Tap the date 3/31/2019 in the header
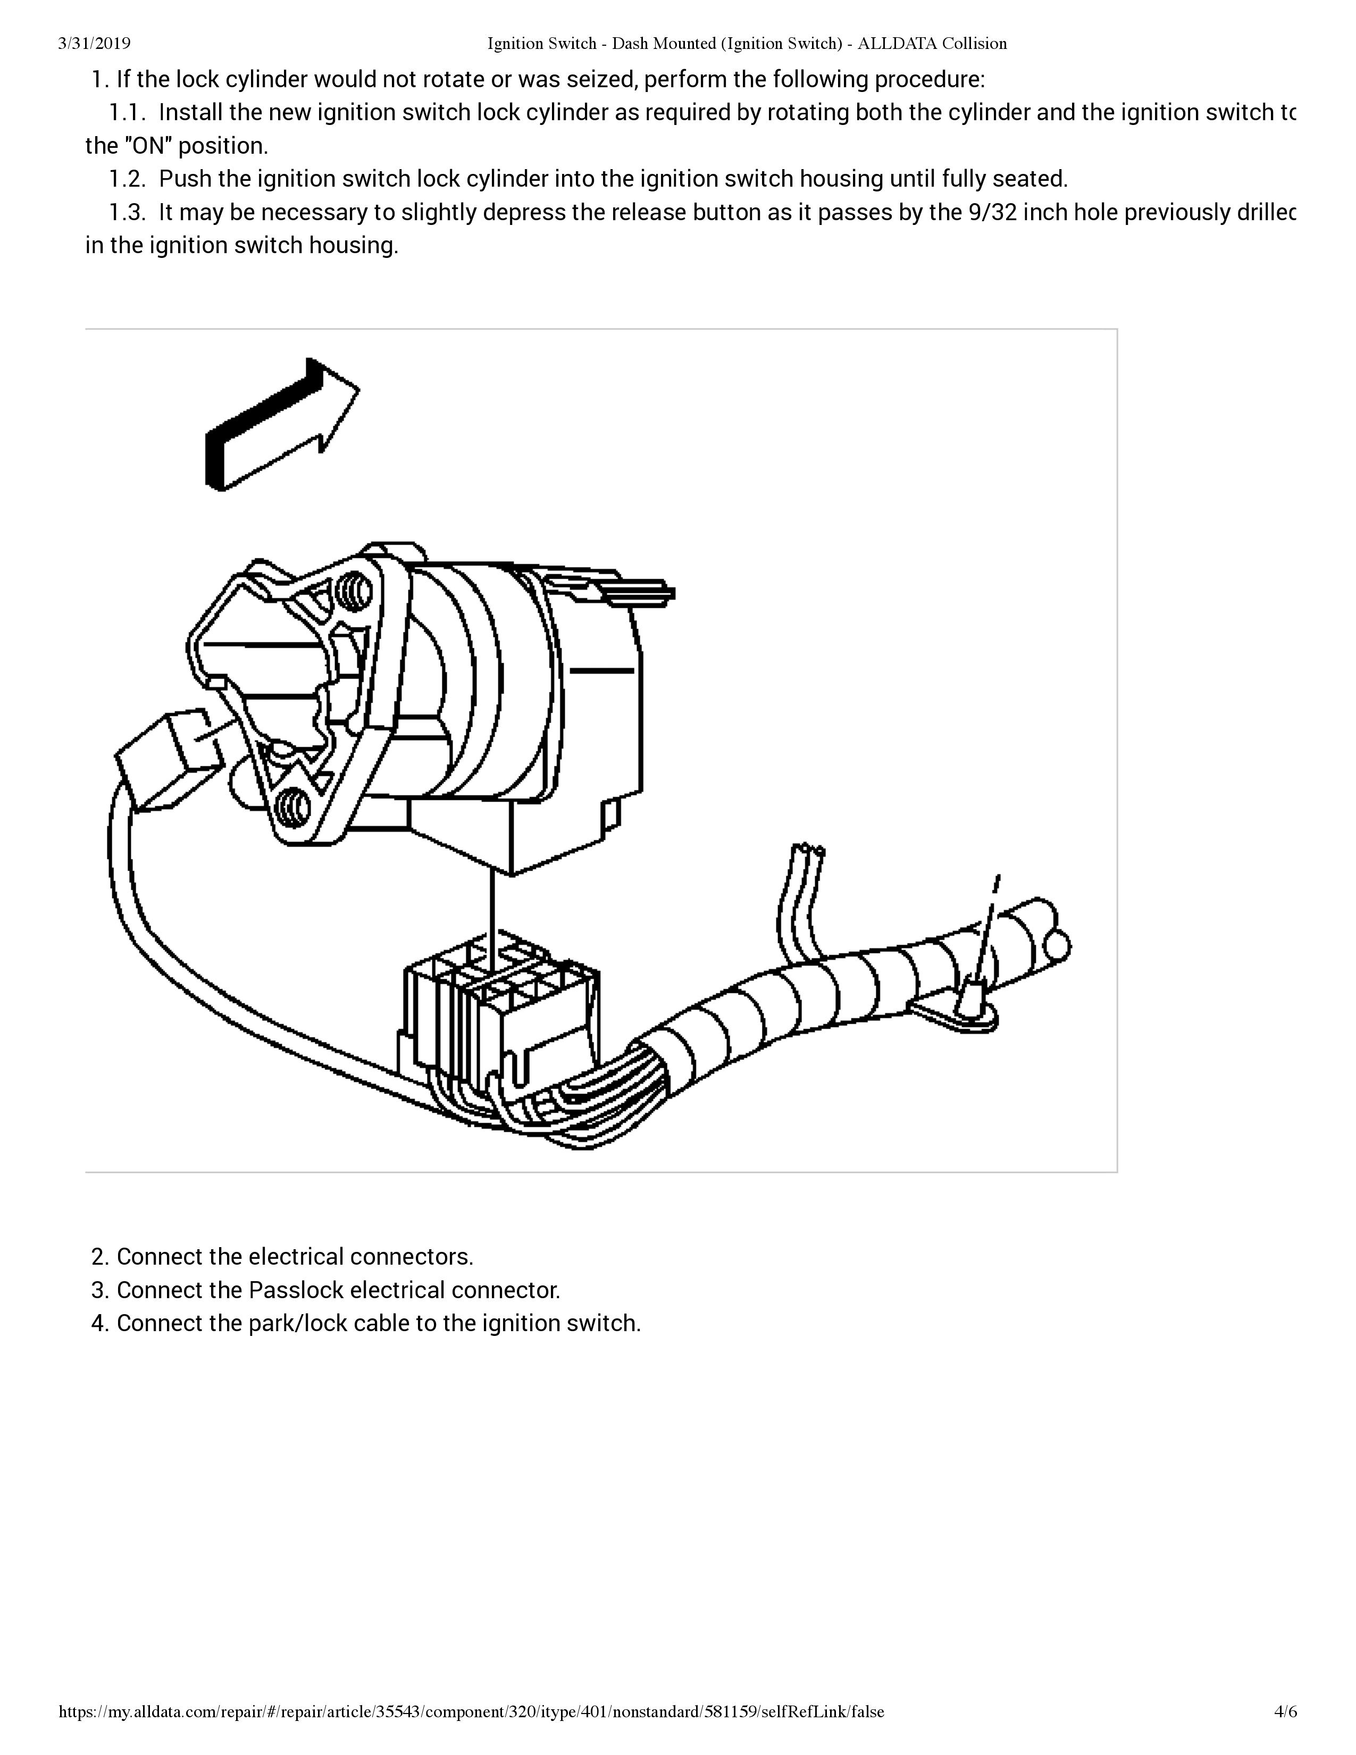pyautogui.click(x=94, y=44)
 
